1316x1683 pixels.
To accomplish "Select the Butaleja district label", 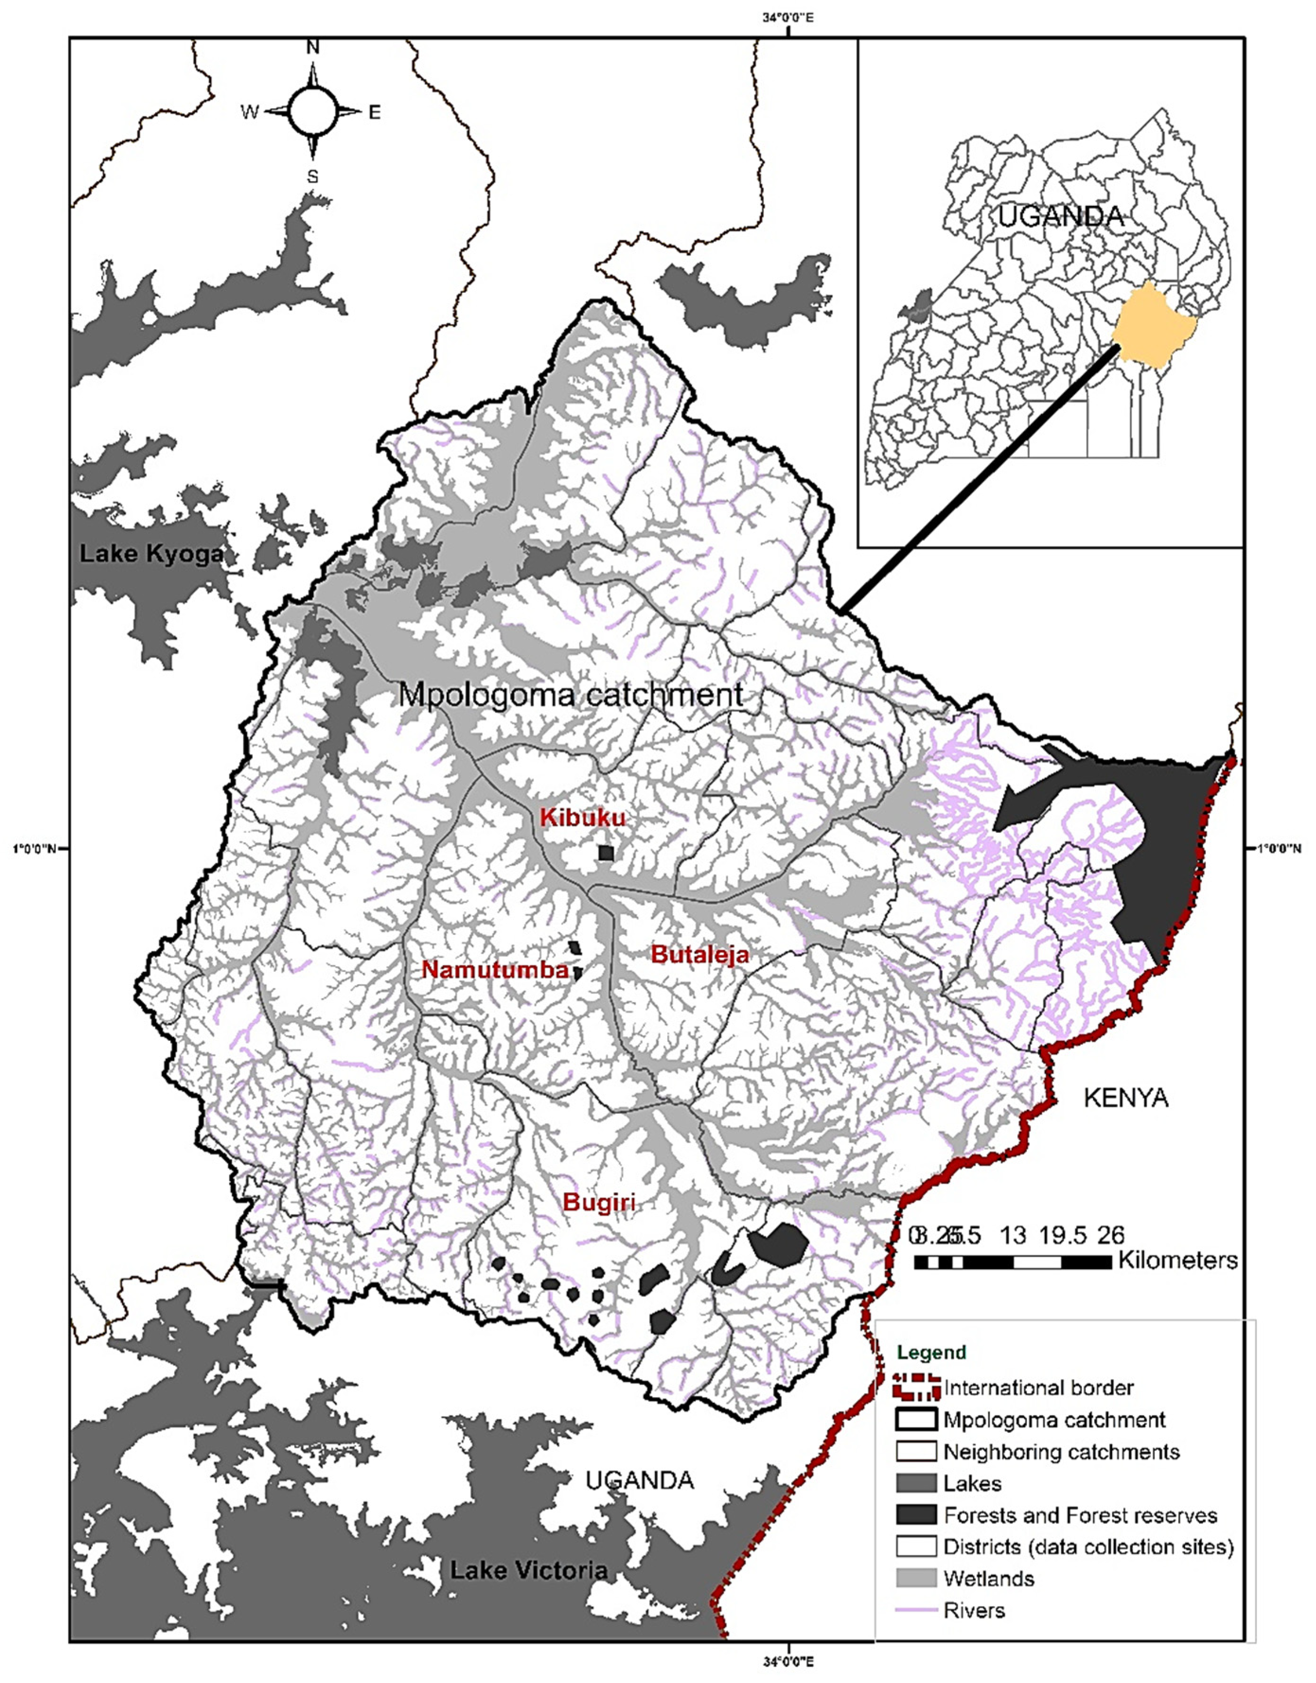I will [700, 955].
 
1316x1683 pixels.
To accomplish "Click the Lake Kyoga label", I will [151, 553].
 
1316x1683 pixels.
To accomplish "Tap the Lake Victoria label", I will [528, 1570].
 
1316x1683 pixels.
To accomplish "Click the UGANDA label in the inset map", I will [1061, 216].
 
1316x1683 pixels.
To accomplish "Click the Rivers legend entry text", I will [974, 1611].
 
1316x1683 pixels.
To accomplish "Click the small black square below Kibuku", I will [606, 853].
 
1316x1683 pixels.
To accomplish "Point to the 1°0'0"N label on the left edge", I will [35, 849].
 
